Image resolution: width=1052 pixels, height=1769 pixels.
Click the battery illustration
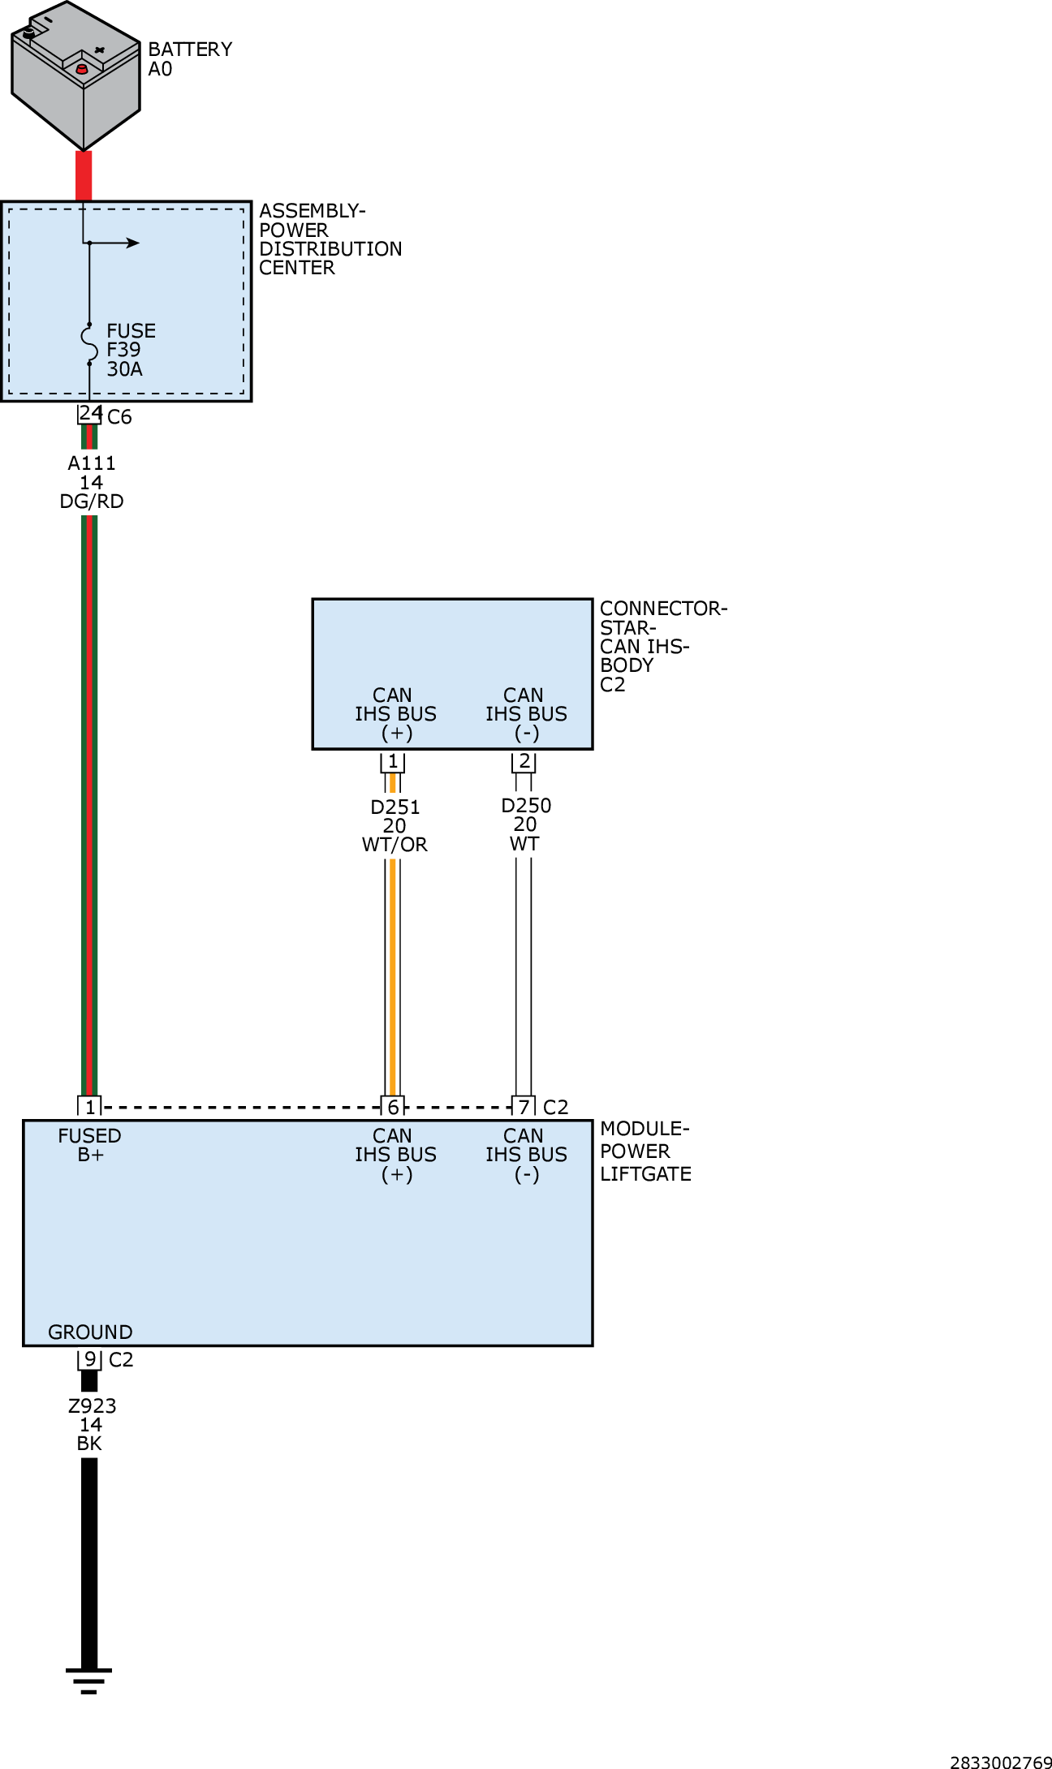point(75,77)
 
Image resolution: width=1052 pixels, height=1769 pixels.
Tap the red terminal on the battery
point(81,70)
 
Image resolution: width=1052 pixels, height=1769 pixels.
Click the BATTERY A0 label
point(189,59)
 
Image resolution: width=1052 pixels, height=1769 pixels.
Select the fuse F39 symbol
point(89,344)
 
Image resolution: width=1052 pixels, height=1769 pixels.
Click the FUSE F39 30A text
point(130,350)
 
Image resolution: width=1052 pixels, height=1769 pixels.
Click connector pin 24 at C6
point(89,413)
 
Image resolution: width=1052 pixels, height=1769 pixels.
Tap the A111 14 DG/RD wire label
point(92,482)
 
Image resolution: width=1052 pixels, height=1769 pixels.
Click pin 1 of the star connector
point(393,761)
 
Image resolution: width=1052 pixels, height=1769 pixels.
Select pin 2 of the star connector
point(524,761)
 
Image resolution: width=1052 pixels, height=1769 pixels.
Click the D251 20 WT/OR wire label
point(394,825)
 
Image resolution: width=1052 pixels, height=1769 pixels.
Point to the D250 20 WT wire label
point(525,824)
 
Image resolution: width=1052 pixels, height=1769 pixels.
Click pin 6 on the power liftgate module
point(393,1107)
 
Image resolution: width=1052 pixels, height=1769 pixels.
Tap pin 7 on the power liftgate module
point(524,1107)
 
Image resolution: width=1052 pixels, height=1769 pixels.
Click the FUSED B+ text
point(89,1145)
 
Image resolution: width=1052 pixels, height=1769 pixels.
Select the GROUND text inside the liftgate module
point(90,1332)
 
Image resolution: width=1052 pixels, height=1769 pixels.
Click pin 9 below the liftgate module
point(89,1358)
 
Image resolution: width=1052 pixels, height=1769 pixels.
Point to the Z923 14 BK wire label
point(91,1424)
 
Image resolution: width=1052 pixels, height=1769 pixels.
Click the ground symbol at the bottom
point(89,1680)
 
